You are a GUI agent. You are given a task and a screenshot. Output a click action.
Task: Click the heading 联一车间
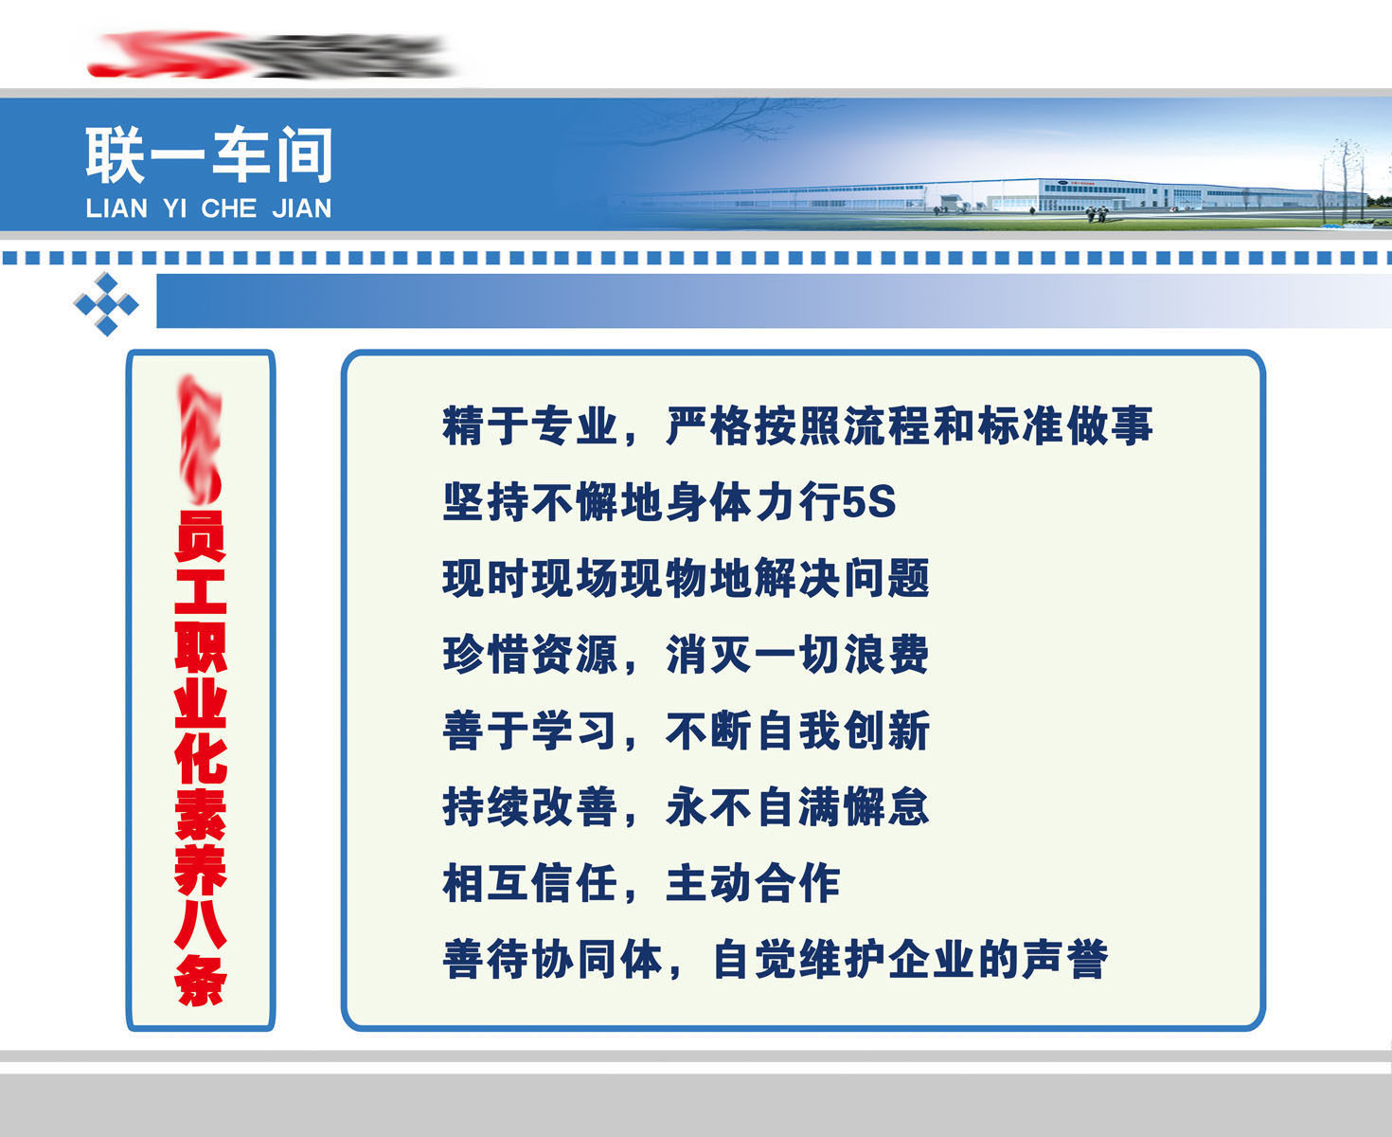coord(209,155)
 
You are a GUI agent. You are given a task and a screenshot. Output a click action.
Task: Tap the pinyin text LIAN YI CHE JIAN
coord(208,208)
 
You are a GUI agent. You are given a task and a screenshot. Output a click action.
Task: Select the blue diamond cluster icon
coord(106,304)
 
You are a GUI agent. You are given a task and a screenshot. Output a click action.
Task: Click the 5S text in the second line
coord(868,502)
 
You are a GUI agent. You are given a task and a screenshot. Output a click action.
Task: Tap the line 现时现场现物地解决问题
coord(686,579)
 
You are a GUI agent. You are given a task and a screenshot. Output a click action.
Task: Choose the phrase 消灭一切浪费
coord(797,655)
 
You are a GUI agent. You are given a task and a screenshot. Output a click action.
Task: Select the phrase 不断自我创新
coord(797,731)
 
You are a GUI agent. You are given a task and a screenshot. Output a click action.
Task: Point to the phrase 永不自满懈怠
coord(797,807)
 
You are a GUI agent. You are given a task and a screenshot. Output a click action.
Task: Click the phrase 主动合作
coord(753,884)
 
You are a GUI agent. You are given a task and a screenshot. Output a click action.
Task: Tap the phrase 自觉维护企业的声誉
coord(909,960)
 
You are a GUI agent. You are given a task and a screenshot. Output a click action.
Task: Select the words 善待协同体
coord(553,960)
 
